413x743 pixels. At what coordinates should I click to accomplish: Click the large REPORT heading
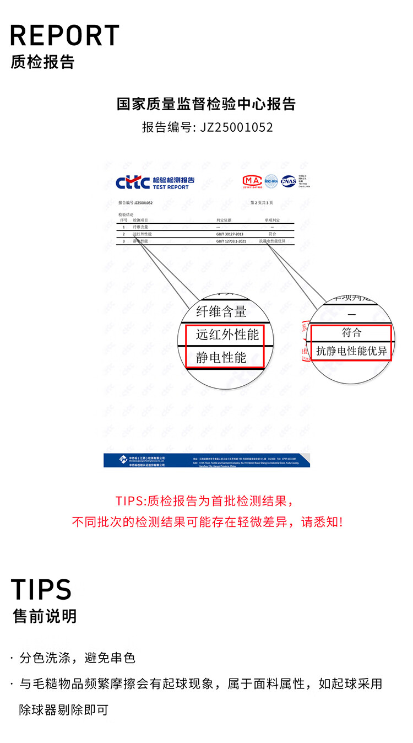tap(65, 35)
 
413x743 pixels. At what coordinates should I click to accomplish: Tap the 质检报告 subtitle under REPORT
tap(42, 62)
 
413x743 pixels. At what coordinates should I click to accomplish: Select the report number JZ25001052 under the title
tap(237, 127)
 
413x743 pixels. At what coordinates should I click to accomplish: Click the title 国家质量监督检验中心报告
tap(206, 104)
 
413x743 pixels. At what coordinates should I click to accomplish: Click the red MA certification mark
tap(252, 181)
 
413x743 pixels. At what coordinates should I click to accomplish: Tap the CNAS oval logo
tap(289, 181)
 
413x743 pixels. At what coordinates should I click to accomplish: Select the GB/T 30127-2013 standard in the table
tap(230, 234)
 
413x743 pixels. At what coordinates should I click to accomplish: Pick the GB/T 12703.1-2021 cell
tap(231, 241)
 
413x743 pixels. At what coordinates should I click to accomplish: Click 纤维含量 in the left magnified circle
tap(221, 311)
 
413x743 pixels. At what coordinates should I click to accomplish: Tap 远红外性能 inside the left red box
tap(227, 334)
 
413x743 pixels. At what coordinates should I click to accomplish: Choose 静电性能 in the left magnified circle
tap(221, 357)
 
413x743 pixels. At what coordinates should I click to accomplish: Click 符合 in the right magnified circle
tap(352, 333)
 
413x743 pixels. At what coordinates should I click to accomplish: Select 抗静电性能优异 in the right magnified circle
tap(352, 351)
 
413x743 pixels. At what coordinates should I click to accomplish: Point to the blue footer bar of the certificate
tap(206, 460)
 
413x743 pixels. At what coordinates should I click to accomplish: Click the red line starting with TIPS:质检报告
tap(205, 501)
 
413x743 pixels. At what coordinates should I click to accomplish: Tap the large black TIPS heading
tap(41, 589)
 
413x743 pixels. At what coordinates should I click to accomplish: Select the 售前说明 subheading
tap(45, 616)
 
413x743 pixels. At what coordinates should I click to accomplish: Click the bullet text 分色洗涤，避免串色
tap(78, 658)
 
